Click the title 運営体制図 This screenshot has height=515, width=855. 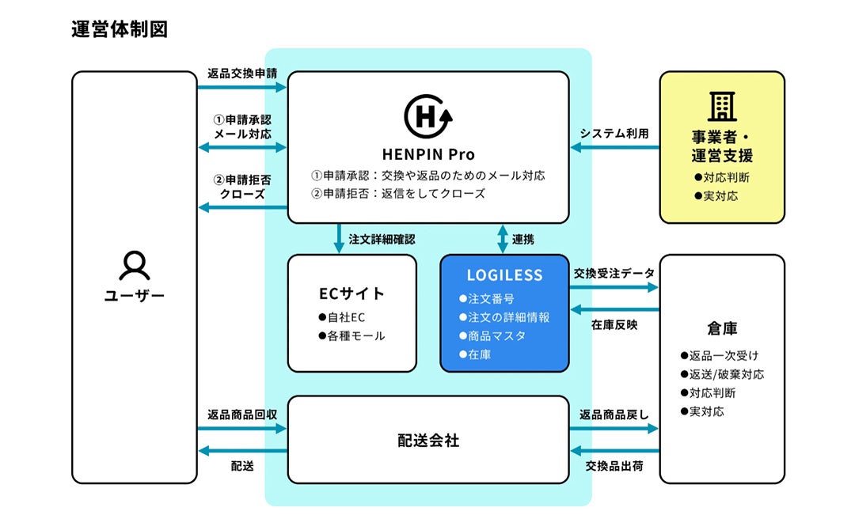119,29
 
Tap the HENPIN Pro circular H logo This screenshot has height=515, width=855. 427,117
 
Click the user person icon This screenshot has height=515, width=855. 134,266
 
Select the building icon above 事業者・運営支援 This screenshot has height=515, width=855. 721,106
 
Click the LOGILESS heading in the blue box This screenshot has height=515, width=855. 504,275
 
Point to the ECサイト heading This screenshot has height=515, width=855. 351,293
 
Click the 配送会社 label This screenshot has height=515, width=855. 427,441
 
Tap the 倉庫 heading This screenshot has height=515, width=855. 722,328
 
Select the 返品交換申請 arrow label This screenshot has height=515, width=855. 242,74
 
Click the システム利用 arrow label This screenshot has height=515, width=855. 614,134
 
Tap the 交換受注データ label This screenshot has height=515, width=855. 614,273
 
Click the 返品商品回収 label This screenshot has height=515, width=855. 242,414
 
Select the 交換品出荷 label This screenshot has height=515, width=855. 614,466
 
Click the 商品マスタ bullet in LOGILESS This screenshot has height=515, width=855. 496,336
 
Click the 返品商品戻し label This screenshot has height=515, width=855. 614,414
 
